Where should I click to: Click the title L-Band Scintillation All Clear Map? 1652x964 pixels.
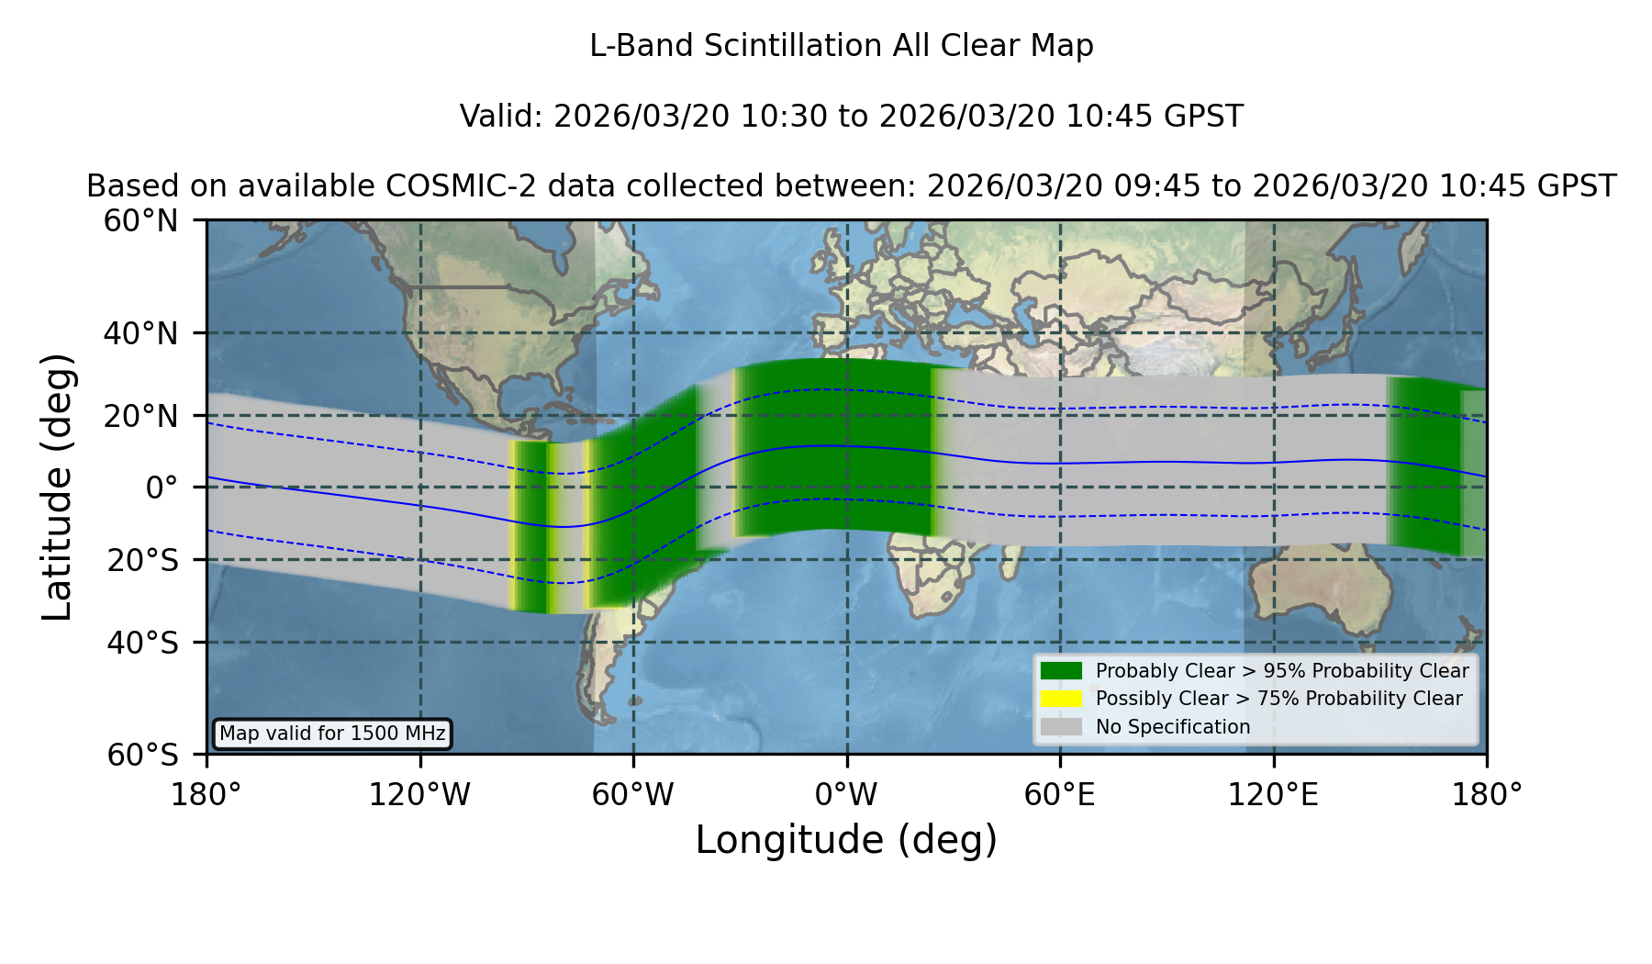(x=841, y=46)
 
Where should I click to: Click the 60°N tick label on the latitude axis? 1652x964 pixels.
(x=141, y=221)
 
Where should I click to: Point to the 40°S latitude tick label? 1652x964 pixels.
(x=142, y=643)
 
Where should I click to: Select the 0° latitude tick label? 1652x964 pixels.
(x=162, y=488)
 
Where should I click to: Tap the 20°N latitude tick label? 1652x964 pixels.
(x=141, y=416)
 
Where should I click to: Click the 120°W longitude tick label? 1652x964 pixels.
(x=419, y=795)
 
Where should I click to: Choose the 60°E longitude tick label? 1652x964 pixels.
(x=1060, y=795)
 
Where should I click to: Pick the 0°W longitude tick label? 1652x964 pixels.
(x=846, y=795)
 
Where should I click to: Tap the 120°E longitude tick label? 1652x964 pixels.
(x=1273, y=795)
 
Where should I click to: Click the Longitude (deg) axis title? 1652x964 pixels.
(x=846, y=841)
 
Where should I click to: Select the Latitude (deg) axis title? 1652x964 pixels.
(x=58, y=487)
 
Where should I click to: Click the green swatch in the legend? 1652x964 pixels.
(x=1062, y=671)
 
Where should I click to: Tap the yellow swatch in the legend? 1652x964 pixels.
(x=1062, y=699)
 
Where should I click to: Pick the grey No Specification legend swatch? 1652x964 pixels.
(x=1062, y=727)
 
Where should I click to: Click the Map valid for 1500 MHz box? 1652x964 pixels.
(x=332, y=734)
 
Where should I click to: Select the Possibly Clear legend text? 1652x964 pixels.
(x=1278, y=699)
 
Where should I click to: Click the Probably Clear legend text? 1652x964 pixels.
(x=1282, y=671)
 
